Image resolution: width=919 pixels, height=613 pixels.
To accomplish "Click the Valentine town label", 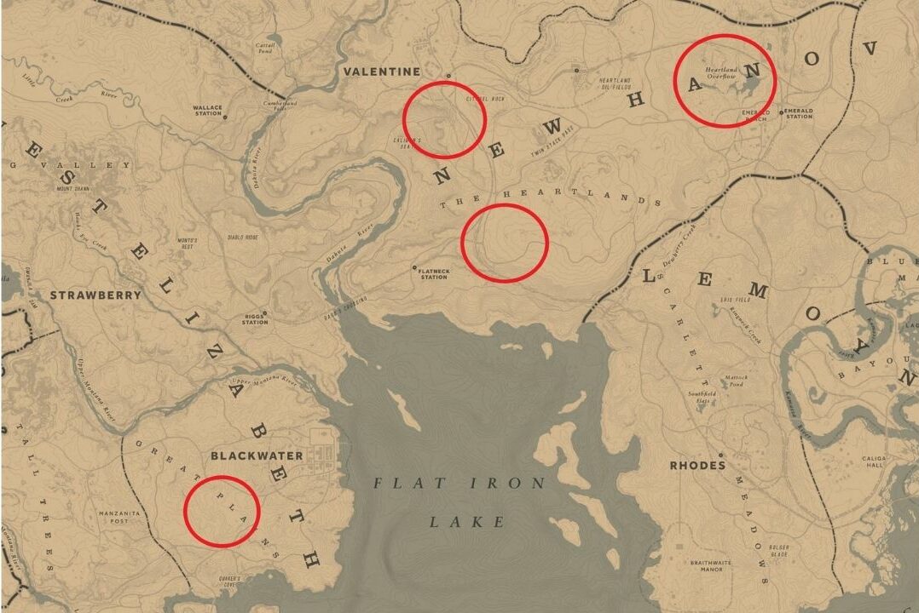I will (x=382, y=72).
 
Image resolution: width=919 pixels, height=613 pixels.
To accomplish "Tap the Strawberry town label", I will (x=95, y=295).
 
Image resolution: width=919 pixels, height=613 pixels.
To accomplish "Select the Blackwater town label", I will (x=257, y=455).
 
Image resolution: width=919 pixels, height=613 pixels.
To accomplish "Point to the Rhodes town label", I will (x=697, y=466).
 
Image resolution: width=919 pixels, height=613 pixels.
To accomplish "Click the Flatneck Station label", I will (x=433, y=274).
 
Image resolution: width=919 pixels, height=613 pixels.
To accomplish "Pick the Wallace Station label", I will (x=207, y=112).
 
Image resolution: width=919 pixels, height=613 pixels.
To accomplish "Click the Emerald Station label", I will (x=799, y=113).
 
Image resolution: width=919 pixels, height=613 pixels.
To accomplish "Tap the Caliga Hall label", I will (x=897, y=461).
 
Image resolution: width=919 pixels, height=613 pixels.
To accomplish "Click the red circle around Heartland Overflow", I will (x=725, y=82).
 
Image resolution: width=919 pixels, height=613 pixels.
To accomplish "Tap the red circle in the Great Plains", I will (x=222, y=511).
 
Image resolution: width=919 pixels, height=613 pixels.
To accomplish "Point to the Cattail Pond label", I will (x=266, y=48).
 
